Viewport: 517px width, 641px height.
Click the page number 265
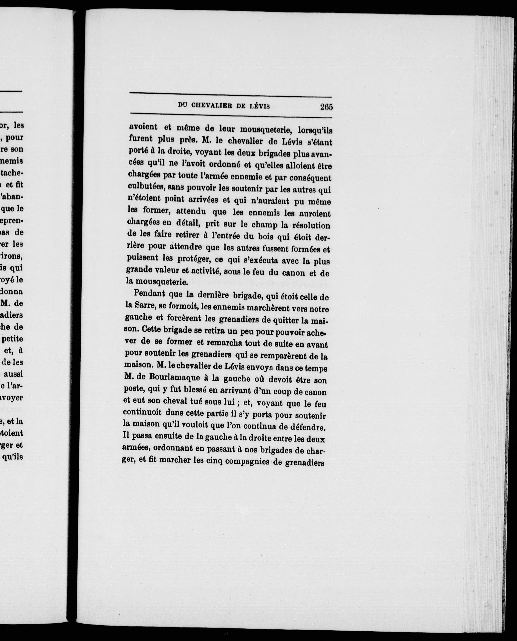pos(326,107)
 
